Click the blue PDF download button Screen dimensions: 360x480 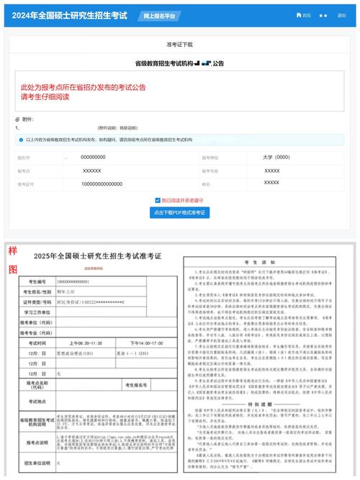tap(180, 213)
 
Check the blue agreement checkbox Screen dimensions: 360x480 tap(158, 200)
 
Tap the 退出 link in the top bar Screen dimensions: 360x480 tap(341, 15)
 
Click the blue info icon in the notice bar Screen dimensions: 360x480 tap(19, 140)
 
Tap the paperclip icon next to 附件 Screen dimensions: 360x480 tap(17, 119)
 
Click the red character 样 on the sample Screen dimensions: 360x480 tap(12, 251)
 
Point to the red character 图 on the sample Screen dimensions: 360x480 tap(12, 269)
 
